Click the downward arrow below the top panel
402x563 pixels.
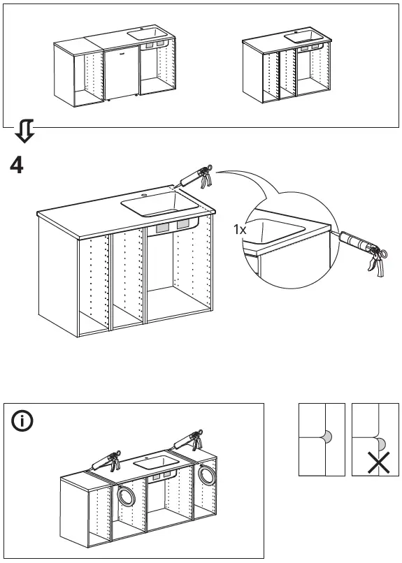(x=24, y=129)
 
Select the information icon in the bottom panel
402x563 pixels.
(x=22, y=422)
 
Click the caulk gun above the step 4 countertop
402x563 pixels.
(x=196, y=176)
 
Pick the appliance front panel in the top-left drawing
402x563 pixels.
(x=121, y=73)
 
